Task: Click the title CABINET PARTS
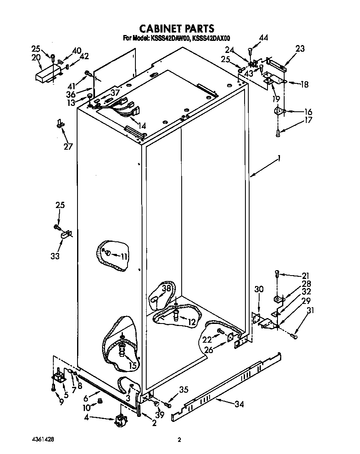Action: tap(177, 28)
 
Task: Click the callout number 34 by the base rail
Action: tap(239, 404)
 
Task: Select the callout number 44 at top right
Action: tap(263, 38)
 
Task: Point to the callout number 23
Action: tap(300, 49)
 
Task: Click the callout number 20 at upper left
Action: tap(36, 57)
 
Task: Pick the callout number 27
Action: tap(68, 146)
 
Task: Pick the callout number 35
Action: tap(184, 390)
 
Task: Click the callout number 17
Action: tap(308, 121)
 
